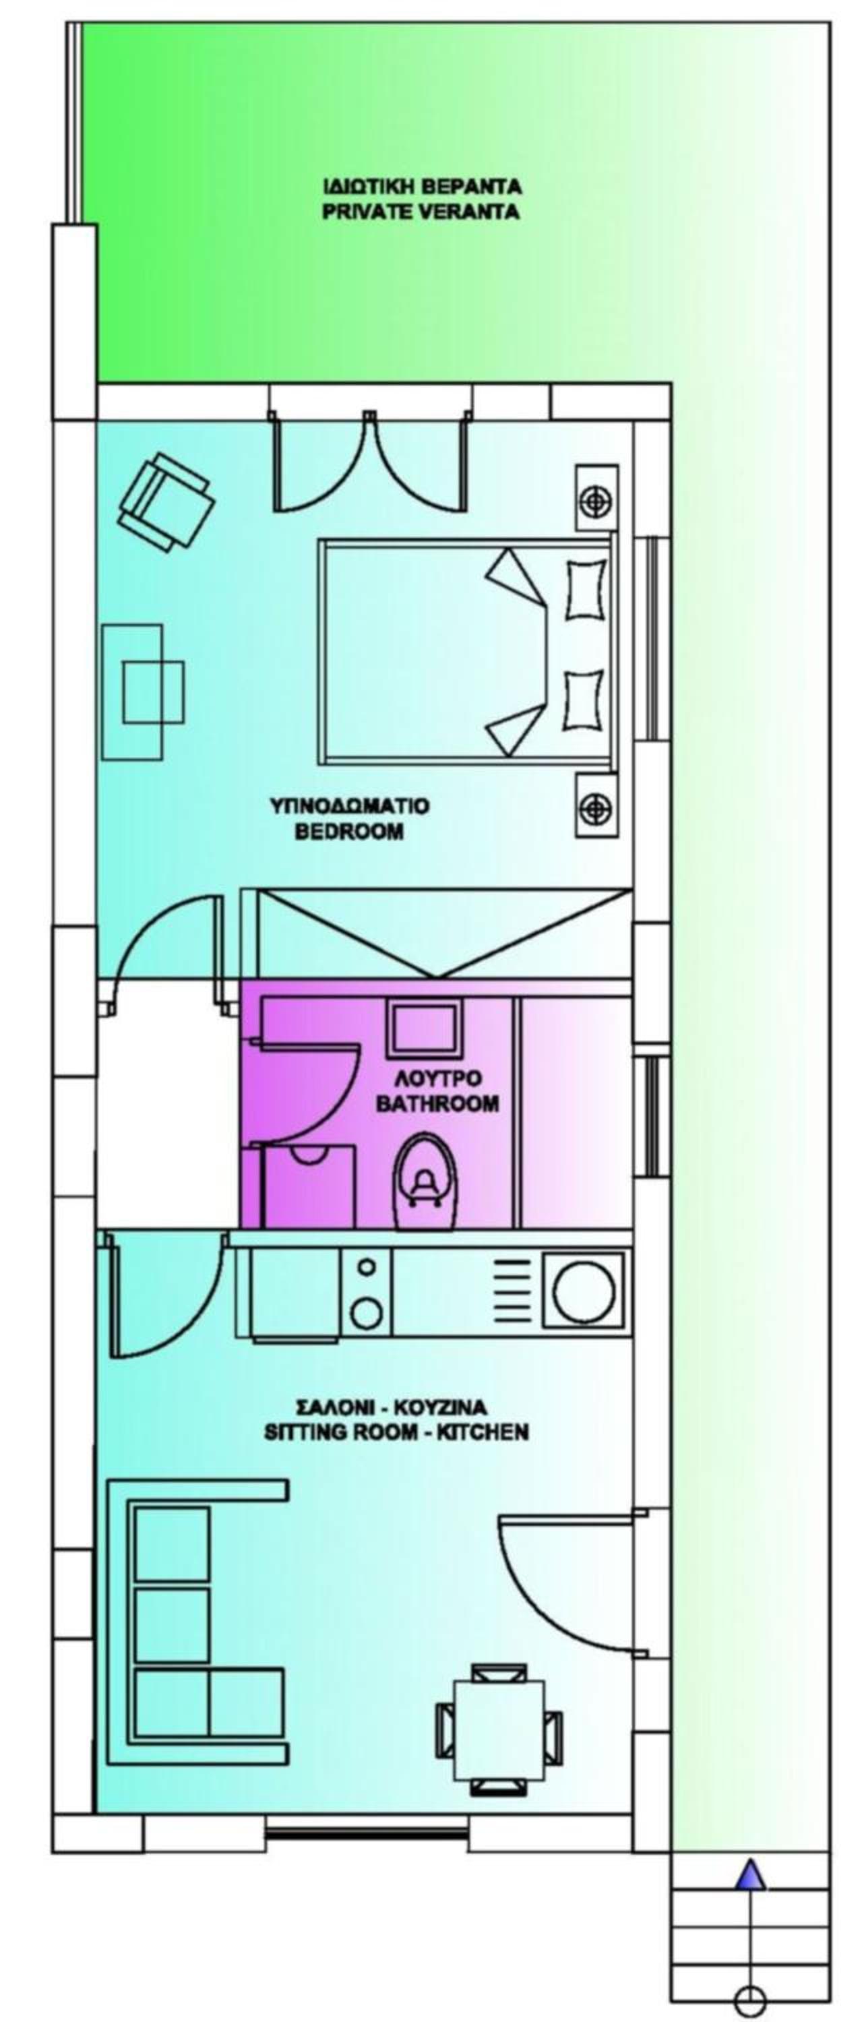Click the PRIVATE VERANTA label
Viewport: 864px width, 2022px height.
(421, 212)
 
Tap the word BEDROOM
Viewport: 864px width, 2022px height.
(349, 832)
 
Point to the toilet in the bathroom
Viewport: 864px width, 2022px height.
(425, 1182)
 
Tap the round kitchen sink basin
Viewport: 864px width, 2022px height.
(584, 1289)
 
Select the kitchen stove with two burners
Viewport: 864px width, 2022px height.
(367, 1291)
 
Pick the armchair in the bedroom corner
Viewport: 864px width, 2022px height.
(165, 502)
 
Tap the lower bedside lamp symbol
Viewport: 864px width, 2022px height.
(596, 806)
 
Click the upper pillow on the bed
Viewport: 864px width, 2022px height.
(584, 588)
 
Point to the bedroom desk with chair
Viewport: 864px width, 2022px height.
(144, 692)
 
